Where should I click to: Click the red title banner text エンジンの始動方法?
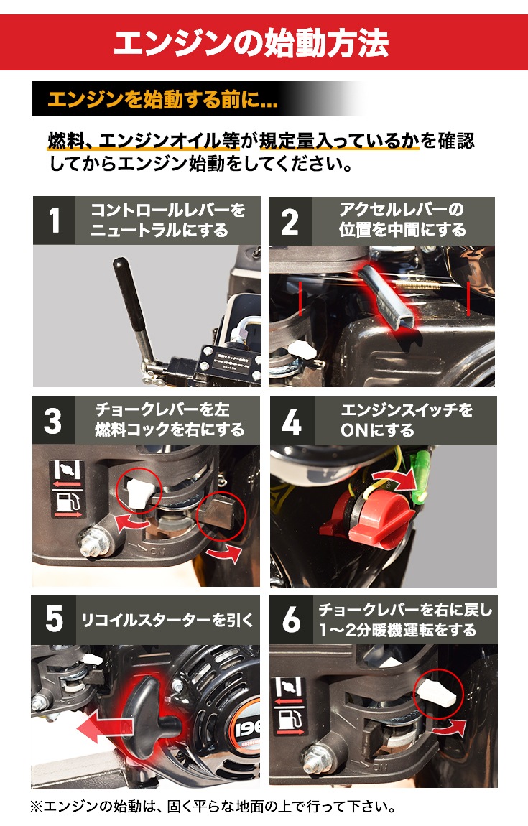(x=251, y=42)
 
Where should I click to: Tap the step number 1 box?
(x=54, y=221)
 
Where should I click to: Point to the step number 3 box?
(x=54, y=420)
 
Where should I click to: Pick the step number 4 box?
(x=291, y=420)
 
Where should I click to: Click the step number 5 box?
(x=54, y=619)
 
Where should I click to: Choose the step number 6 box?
(x=291, y=619)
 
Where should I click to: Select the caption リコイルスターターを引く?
(x=168, y=619)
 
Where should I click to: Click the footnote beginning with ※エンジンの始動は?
(x=213, y=806)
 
